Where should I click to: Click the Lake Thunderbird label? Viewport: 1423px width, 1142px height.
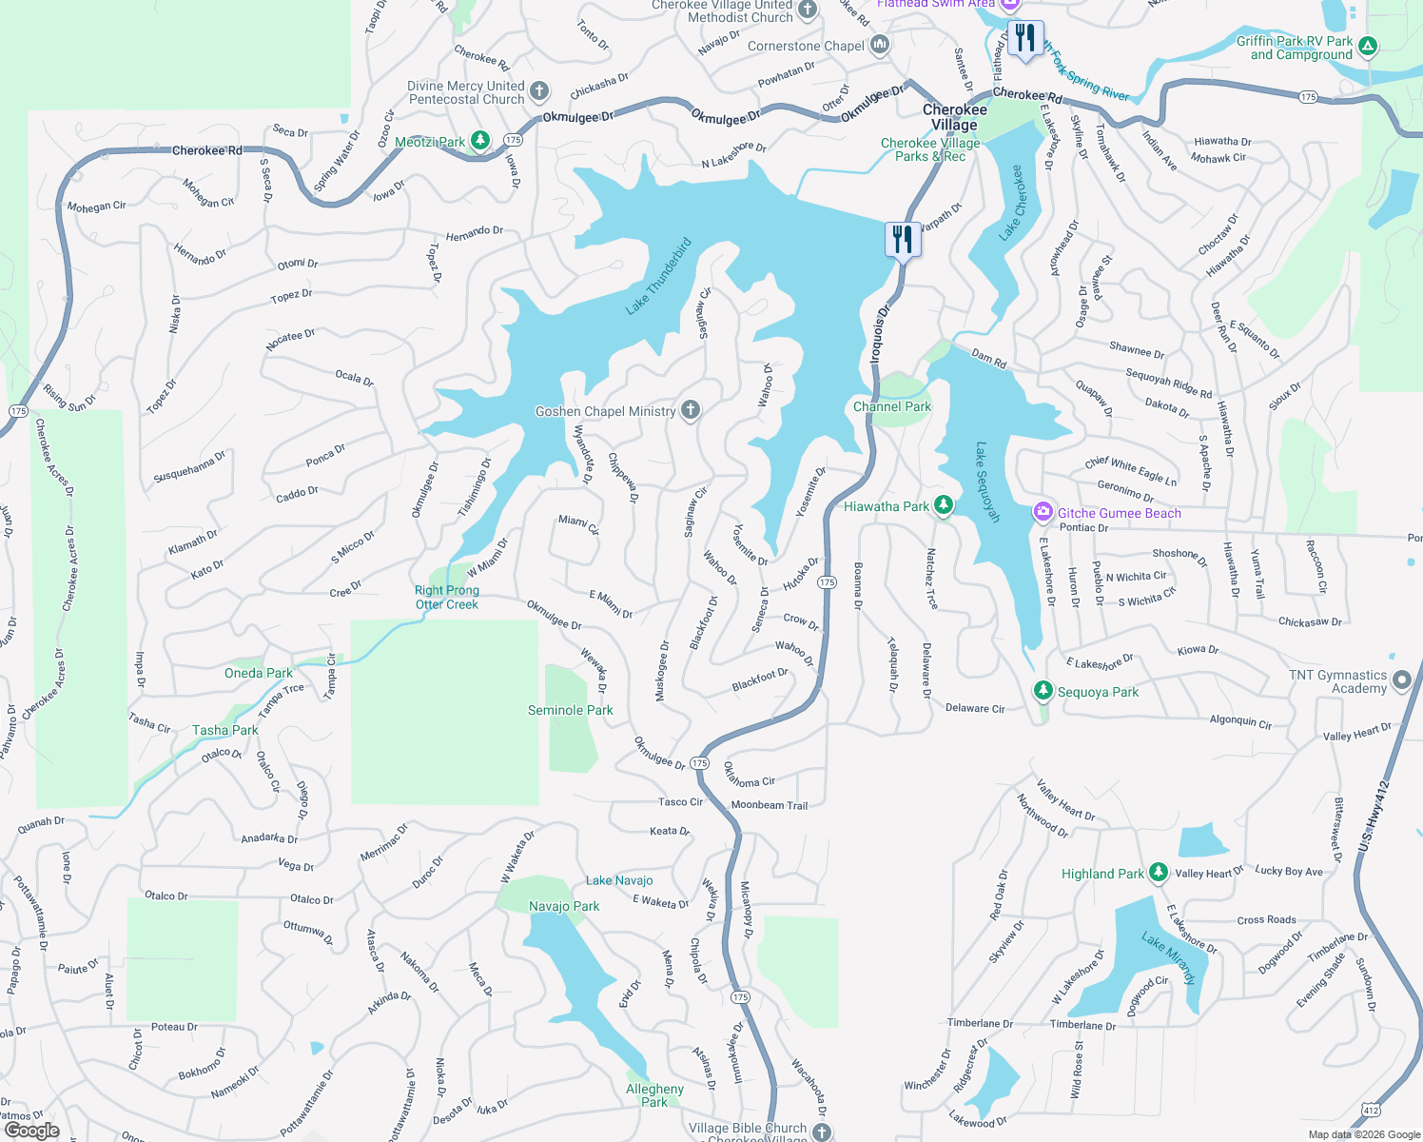(x=658, y=276)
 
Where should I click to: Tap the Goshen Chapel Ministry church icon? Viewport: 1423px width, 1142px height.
(x=691, y=410)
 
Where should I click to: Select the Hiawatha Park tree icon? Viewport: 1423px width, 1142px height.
(x=943, y=505)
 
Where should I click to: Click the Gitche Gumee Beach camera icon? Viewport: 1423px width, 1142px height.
(x=1043, y=512)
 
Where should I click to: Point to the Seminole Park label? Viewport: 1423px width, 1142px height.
(x=570, y=710)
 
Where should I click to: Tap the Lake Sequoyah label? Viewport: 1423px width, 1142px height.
(x=988, y=482)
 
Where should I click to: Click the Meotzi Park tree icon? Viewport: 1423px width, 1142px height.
(x=480, y=141)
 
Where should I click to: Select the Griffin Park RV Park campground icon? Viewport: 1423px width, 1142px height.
(x=1367, y=45)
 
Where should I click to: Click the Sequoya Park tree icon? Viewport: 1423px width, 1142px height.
(x=1043, y=690)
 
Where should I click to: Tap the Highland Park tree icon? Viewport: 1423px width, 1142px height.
(x=1158, y=872)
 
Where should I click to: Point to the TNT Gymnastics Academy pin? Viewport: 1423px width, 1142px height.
(x=1401, y=680)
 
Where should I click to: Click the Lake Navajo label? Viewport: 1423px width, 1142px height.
(x=619, y=880)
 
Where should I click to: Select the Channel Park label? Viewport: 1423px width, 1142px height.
(x=891, y=406)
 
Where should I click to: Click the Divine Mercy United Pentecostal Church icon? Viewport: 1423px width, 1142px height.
(x=539, y=91)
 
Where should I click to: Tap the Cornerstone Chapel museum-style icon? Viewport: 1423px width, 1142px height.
(x=880, y=44)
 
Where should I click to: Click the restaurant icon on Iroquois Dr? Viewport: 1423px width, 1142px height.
(x=902, y=239)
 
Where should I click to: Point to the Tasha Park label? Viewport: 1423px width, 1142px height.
(x=225, y=730)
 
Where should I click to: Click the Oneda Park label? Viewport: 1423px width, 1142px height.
(x=259, y=673)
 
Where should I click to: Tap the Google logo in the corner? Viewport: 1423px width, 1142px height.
(x=31, y=1131)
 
